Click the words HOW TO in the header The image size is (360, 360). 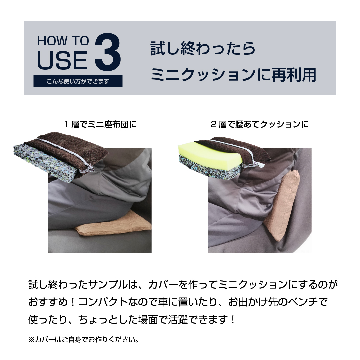(x=63, y=41)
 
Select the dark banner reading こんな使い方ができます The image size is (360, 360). (x=78, y=81)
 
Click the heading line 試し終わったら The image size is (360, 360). (x=203, y=48)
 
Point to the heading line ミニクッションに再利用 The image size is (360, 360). (x=233, y=74)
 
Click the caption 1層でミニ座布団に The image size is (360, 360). (x=100, y=124)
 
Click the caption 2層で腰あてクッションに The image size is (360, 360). (x=260, y=124)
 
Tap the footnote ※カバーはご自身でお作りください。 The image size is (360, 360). (x=84, y=339)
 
